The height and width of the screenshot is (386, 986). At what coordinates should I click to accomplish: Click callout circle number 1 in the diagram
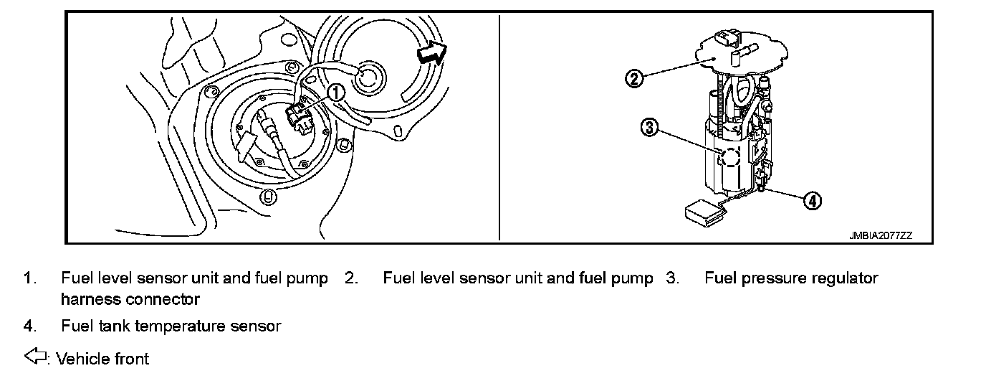[335, 92]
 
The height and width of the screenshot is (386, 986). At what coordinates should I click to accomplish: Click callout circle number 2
[633, 77]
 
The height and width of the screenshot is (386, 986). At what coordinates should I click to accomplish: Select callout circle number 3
[649, 128]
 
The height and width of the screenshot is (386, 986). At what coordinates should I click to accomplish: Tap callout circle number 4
[811, 201]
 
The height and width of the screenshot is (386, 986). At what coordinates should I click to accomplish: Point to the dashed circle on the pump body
[729, 157]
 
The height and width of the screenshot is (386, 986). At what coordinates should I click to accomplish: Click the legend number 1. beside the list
[29, 278]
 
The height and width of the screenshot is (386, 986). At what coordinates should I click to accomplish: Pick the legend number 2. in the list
[351, 278]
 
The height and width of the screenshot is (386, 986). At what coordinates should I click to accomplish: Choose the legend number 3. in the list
[672, 278]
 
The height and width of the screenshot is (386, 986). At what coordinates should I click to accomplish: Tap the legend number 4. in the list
[29, 326]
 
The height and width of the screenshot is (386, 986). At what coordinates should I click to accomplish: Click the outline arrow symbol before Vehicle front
[34, 357]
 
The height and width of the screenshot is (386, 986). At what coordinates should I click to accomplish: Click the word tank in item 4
[114, 326]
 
